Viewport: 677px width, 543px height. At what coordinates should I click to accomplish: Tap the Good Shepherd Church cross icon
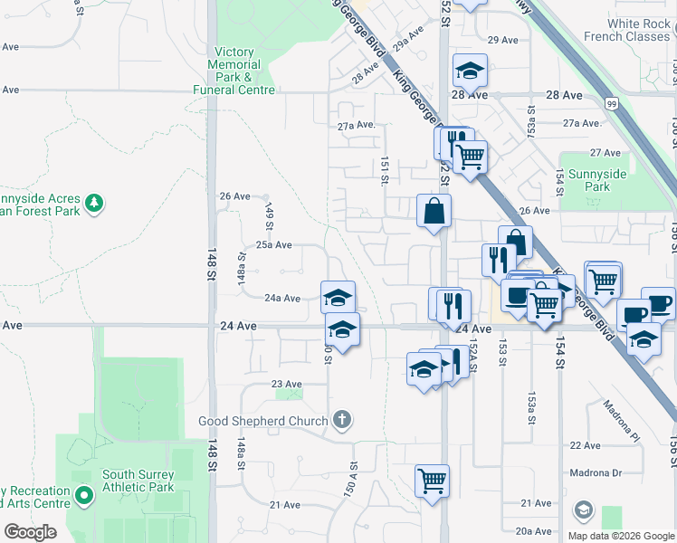pos(341,420)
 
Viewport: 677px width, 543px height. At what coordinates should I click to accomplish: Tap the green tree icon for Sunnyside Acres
pos(94,202)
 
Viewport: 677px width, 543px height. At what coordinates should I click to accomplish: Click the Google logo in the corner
pos(30,532)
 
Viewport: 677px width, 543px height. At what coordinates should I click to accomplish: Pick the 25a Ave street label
pos(273,244)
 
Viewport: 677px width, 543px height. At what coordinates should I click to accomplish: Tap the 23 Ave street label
pos(286,384)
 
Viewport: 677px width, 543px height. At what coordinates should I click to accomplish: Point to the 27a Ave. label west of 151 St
pos(356,126)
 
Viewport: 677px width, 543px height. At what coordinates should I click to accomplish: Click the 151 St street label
pos(385,168)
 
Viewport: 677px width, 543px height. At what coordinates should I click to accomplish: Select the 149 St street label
pos(269,216)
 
